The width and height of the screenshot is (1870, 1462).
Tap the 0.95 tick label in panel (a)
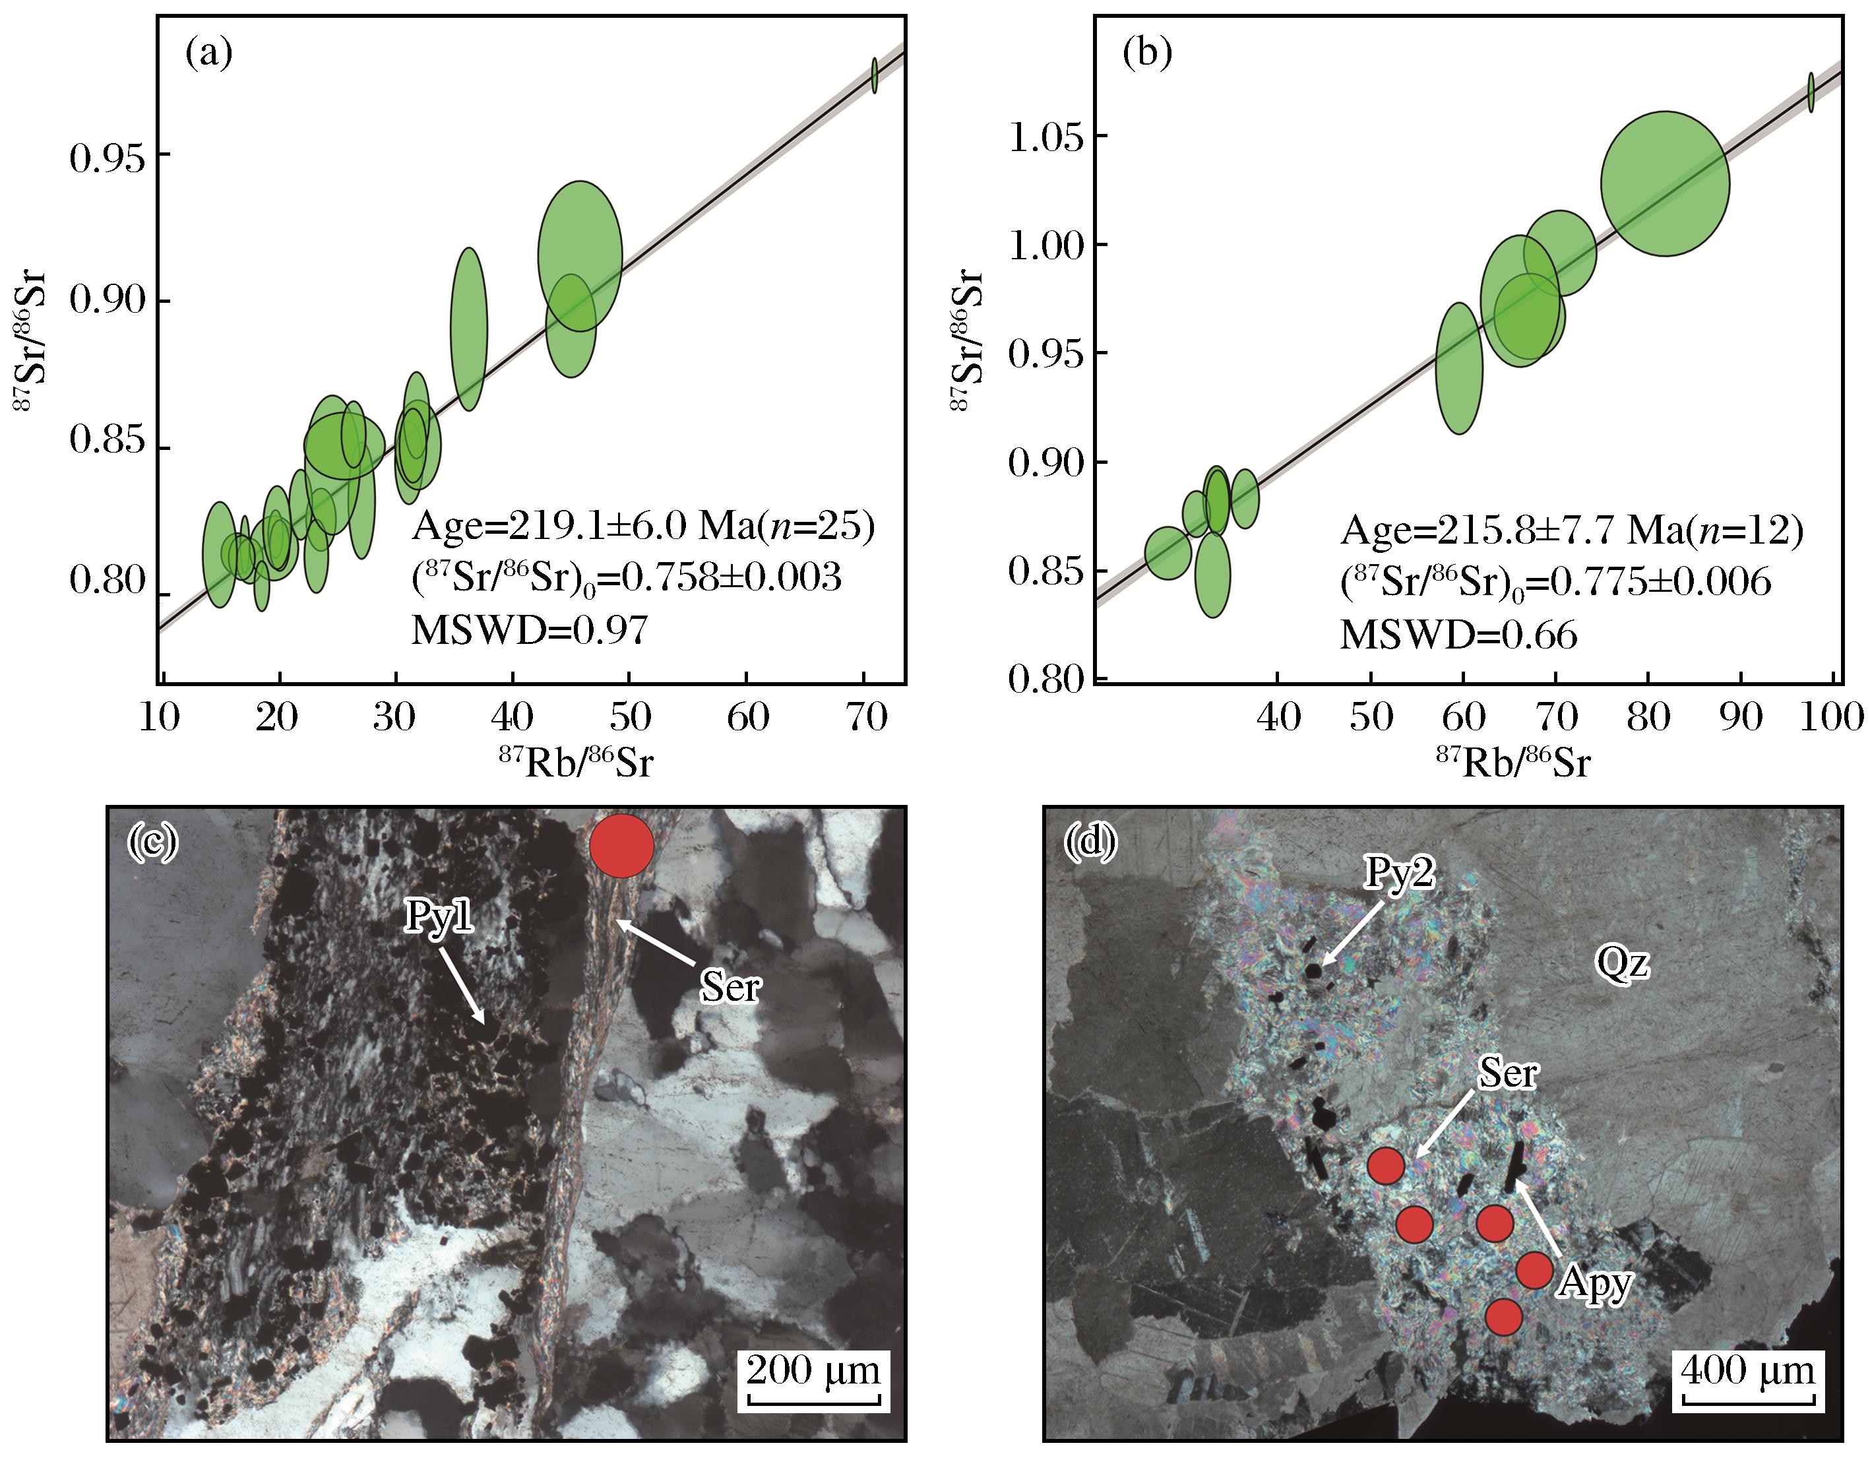[107, 158]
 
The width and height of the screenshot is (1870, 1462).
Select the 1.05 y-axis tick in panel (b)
[1046, 137]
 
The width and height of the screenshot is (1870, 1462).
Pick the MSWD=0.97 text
[530, 631]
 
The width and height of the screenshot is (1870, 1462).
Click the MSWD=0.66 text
[1458, 635]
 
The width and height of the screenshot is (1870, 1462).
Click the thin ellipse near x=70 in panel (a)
[874, 75]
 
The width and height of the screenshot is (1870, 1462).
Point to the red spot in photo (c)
[621, 845]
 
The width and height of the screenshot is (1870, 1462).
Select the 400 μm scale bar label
[1747, 1370]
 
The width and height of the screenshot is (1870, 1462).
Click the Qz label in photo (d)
[1623, 965]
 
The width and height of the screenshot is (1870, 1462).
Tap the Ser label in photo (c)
[730, 988]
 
